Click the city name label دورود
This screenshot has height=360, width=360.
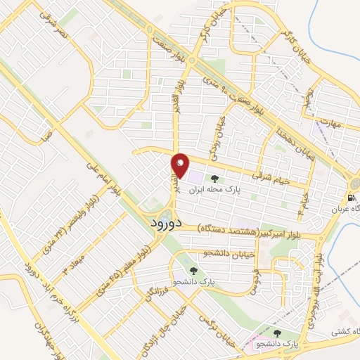pos(167,222)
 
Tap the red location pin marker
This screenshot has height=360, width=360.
pos(180,165)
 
